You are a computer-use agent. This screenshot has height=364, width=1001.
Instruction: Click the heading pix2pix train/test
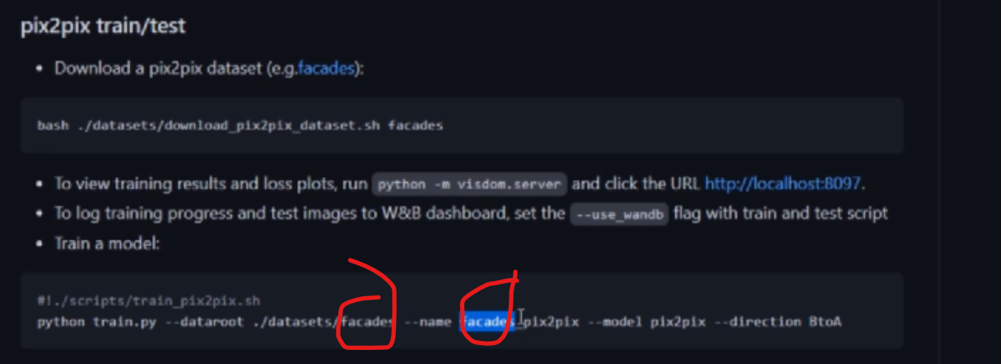[x=103, y=26]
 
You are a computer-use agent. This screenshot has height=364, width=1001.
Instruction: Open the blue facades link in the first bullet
[x=331, y=68]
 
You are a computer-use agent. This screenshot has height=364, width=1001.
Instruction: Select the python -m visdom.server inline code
[x=470, y=184]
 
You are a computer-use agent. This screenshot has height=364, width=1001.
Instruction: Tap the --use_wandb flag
[x=619, y=214]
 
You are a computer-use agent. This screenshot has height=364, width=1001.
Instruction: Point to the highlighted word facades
[x=487, y=321]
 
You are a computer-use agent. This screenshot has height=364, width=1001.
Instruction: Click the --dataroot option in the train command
[x=196, y=321]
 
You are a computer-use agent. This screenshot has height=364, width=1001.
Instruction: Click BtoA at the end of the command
[x=825, y=321]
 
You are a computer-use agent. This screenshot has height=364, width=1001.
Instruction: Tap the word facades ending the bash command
[x=416, y=126]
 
